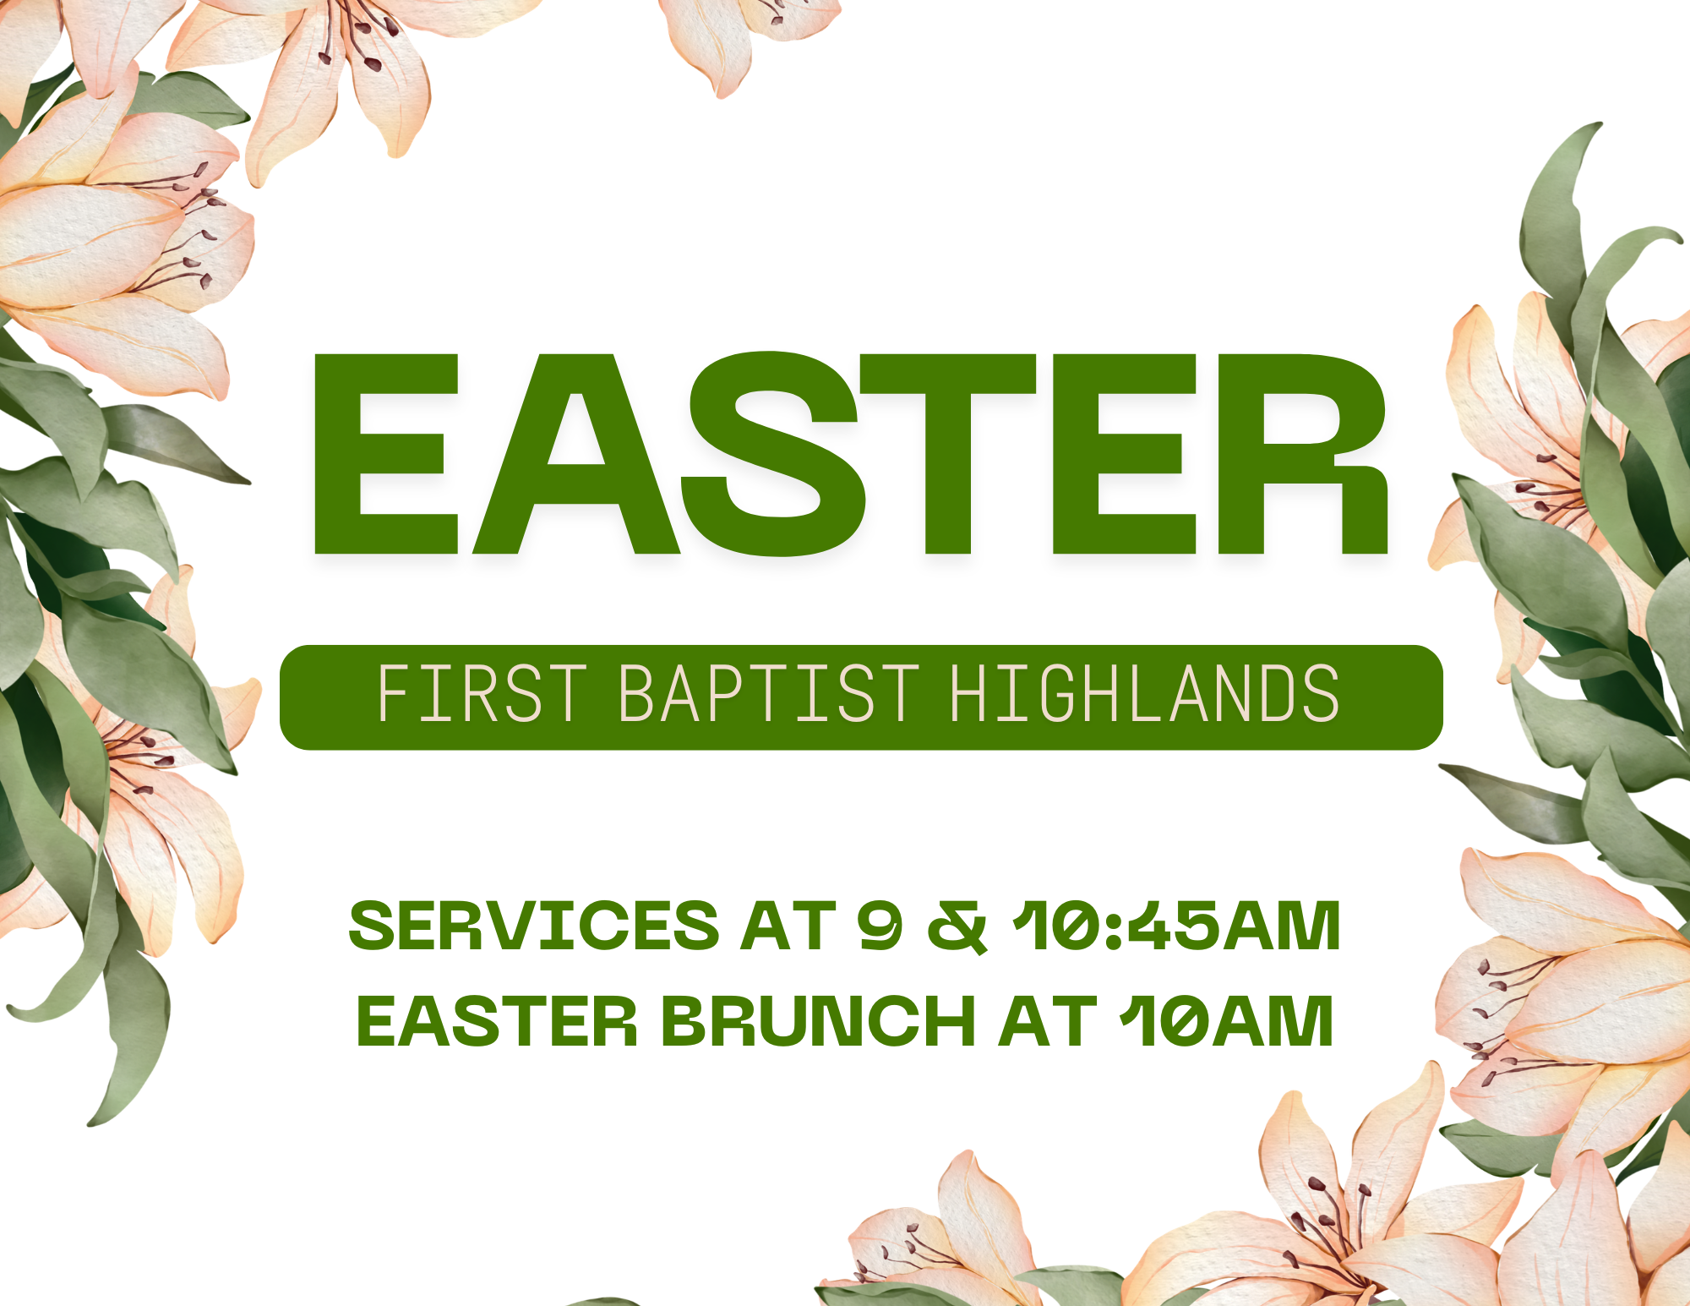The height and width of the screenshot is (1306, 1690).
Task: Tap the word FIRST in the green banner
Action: tap(482, 694)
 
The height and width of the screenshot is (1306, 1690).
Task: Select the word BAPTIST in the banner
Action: tap(769, 694)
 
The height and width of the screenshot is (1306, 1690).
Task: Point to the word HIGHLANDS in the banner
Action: tap(1145, 694)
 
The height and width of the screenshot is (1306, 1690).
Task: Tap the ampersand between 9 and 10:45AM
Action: tap(957, 926)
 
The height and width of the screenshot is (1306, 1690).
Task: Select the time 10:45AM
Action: tap(1176, 926)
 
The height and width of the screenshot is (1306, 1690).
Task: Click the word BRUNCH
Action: tap(818, 1021)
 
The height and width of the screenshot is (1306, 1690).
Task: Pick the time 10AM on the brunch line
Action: tap(1226, 1021)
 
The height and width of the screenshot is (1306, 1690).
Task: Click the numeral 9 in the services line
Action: tap(880, 926)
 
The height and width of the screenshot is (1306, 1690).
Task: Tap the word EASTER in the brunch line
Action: tap(497, 1021)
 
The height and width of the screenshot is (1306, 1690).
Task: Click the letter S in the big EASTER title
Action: tap(774, 455)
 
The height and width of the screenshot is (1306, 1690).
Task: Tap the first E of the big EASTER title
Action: tap(386, 455)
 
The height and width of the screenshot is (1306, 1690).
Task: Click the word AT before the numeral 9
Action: tap(788, 926)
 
